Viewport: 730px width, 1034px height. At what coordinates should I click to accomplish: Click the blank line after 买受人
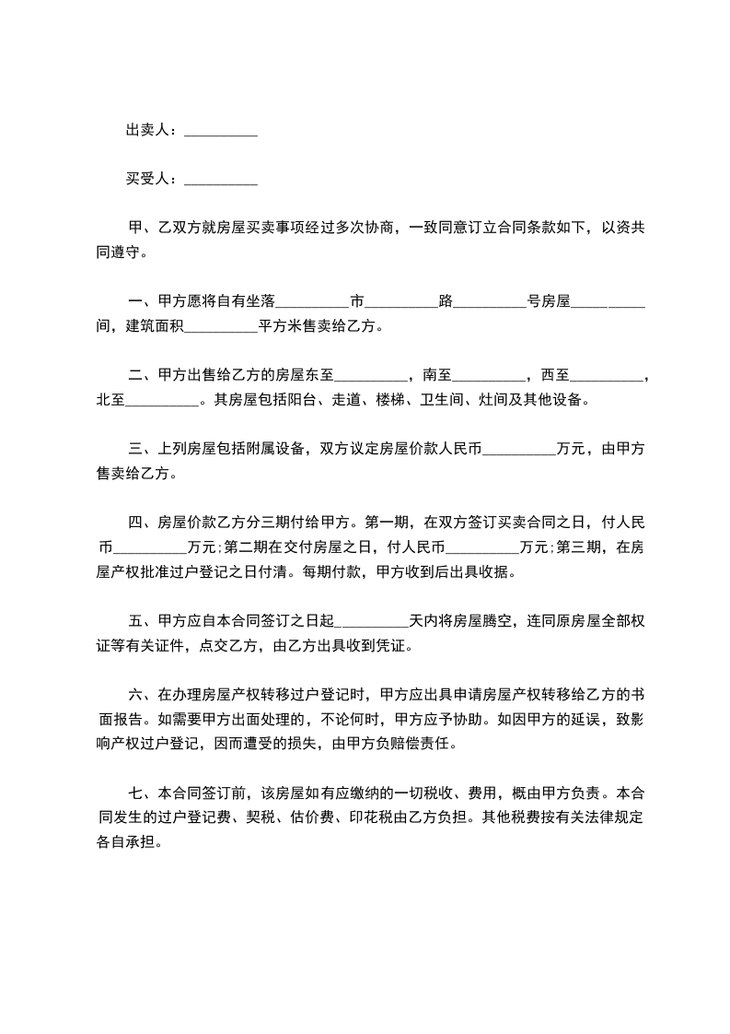tap(221, 181)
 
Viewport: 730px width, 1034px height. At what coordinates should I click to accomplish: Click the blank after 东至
tap(371, 378)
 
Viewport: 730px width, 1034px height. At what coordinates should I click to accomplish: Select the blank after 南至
tap(490, 378)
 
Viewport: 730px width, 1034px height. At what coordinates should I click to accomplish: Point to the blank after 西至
tap(608, 378)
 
